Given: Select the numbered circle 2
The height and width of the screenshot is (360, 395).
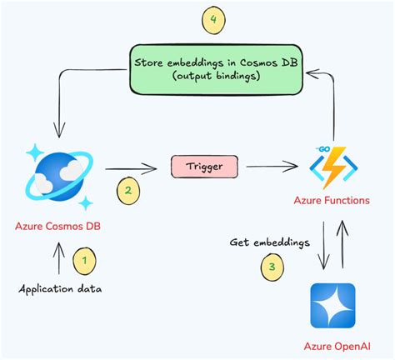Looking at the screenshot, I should pos(127,190).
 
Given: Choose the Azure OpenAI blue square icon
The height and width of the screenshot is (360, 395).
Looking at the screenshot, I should pos(332,307).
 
